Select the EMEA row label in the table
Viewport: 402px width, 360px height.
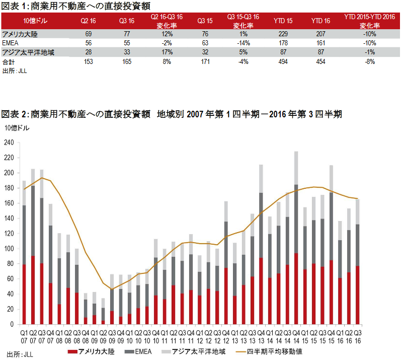pyautogui.click(x=10, y=43)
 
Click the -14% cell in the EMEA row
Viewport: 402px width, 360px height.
pyautogui.click(x=243, y=43)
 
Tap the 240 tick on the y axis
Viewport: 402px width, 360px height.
pyautogui.click(x=8, y=142)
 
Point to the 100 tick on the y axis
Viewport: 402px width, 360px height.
pyautogui.click(x=8, y=249)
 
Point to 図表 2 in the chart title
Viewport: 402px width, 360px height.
pyautogui.click(x=15, y=115)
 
